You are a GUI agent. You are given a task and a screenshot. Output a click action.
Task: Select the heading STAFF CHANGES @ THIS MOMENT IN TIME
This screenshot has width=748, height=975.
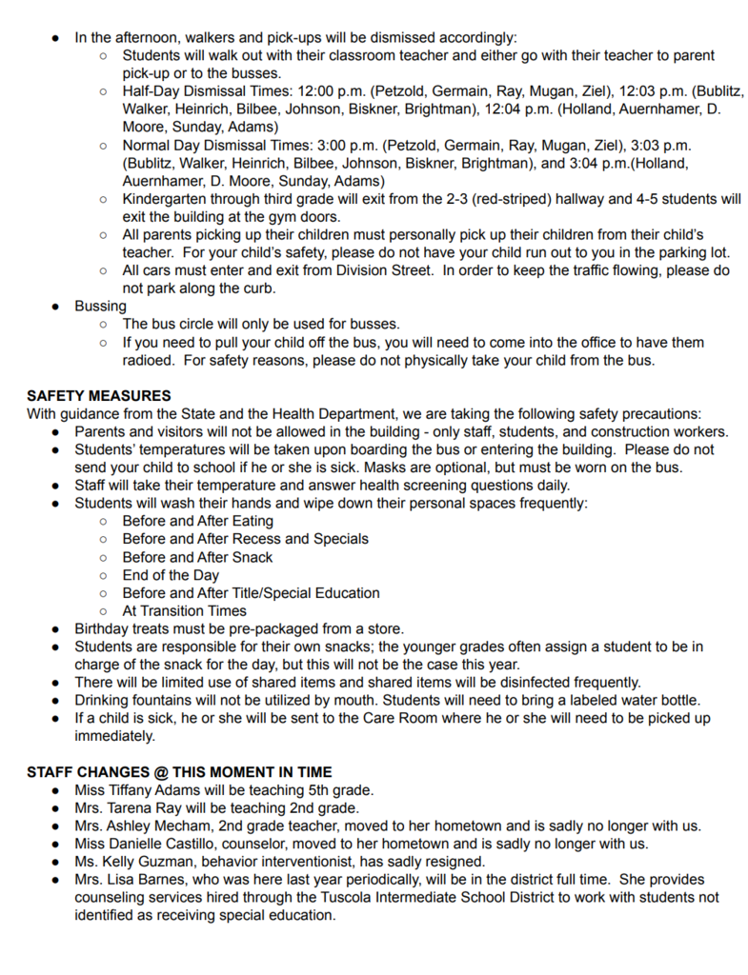[179, 771]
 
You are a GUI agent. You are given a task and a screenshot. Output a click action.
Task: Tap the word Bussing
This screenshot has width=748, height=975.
[100, 307]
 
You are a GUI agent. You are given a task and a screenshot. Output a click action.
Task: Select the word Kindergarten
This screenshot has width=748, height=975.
[170, 199]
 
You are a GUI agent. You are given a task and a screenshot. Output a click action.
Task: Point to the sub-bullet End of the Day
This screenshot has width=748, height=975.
[171, 575]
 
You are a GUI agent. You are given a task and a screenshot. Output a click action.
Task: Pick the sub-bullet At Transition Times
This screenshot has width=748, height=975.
[184, 611]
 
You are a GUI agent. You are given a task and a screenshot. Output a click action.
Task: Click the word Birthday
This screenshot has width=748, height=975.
[105, 628]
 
